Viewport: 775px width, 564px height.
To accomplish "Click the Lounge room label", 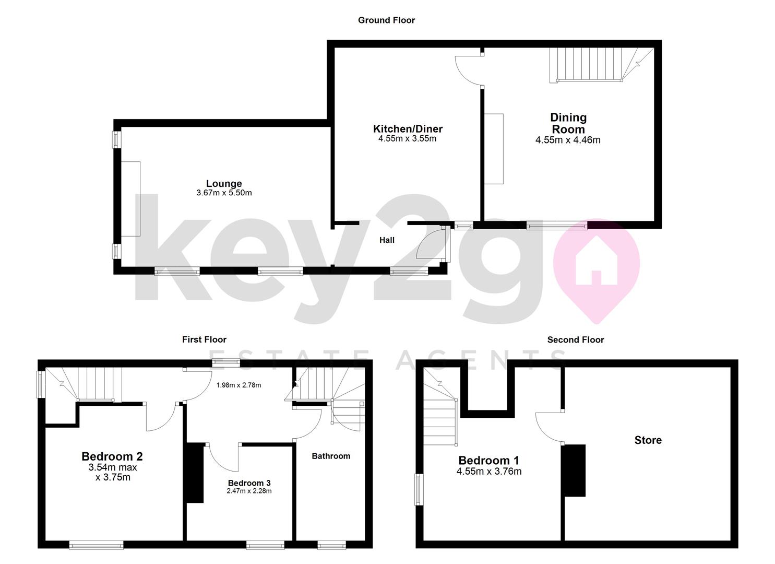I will click(224, 184).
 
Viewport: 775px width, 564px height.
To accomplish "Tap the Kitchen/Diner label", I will click(408, 129).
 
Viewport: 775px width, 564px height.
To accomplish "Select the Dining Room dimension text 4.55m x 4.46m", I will click(568, 140).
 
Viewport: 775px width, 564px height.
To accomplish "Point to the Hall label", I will click(387, 240).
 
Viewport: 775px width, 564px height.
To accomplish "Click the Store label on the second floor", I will click(648, 440).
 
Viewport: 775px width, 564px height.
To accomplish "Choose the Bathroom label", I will click(331, 456).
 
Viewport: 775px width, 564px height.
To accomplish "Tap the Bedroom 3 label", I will click(249, 483).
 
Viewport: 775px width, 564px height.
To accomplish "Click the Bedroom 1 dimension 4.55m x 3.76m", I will click(488, 472).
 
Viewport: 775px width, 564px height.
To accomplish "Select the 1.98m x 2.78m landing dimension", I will click(239, 385).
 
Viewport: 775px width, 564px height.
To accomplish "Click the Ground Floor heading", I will click(386, 20).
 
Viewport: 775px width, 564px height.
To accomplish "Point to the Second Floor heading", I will click(575, 339).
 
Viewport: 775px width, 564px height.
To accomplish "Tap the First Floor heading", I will click(204, 339).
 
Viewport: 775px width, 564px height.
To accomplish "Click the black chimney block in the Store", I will click(574, 470).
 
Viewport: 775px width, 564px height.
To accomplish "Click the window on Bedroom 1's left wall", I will click(419, 489).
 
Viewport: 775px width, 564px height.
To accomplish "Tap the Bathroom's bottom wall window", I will click(331, 546).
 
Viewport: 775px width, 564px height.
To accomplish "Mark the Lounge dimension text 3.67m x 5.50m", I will click(224, 193).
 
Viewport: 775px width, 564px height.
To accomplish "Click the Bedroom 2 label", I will click(112, 456).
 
